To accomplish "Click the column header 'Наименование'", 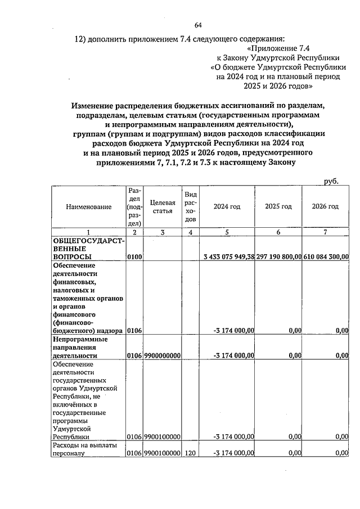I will click(88, 207).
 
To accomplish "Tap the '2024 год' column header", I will click(227, 206).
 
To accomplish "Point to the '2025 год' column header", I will click(278, 206).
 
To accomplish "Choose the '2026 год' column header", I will click(325, 206).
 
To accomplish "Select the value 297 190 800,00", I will click(278, 257).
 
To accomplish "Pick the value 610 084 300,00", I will click(326, 257).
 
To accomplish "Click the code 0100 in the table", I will click(134, 257).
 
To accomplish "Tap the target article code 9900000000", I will click(162, 355).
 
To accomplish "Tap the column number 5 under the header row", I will click(227, 232).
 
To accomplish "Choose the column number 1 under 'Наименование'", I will click(88, 232).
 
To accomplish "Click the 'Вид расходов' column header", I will click(191, 206).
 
